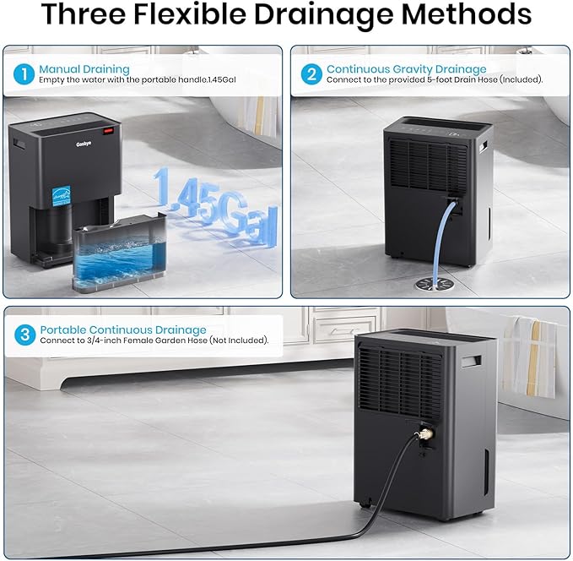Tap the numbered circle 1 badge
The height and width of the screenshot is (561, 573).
tap(24, 74)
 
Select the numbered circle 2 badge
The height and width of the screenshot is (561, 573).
tap(311, 74)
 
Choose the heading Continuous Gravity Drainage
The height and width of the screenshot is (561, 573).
tap(406, 68)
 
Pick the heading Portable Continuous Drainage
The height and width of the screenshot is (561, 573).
tap(123, 330)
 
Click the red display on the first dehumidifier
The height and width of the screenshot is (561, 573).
tap(108, 131)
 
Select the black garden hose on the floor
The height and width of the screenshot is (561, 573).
tap(253, 541)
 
